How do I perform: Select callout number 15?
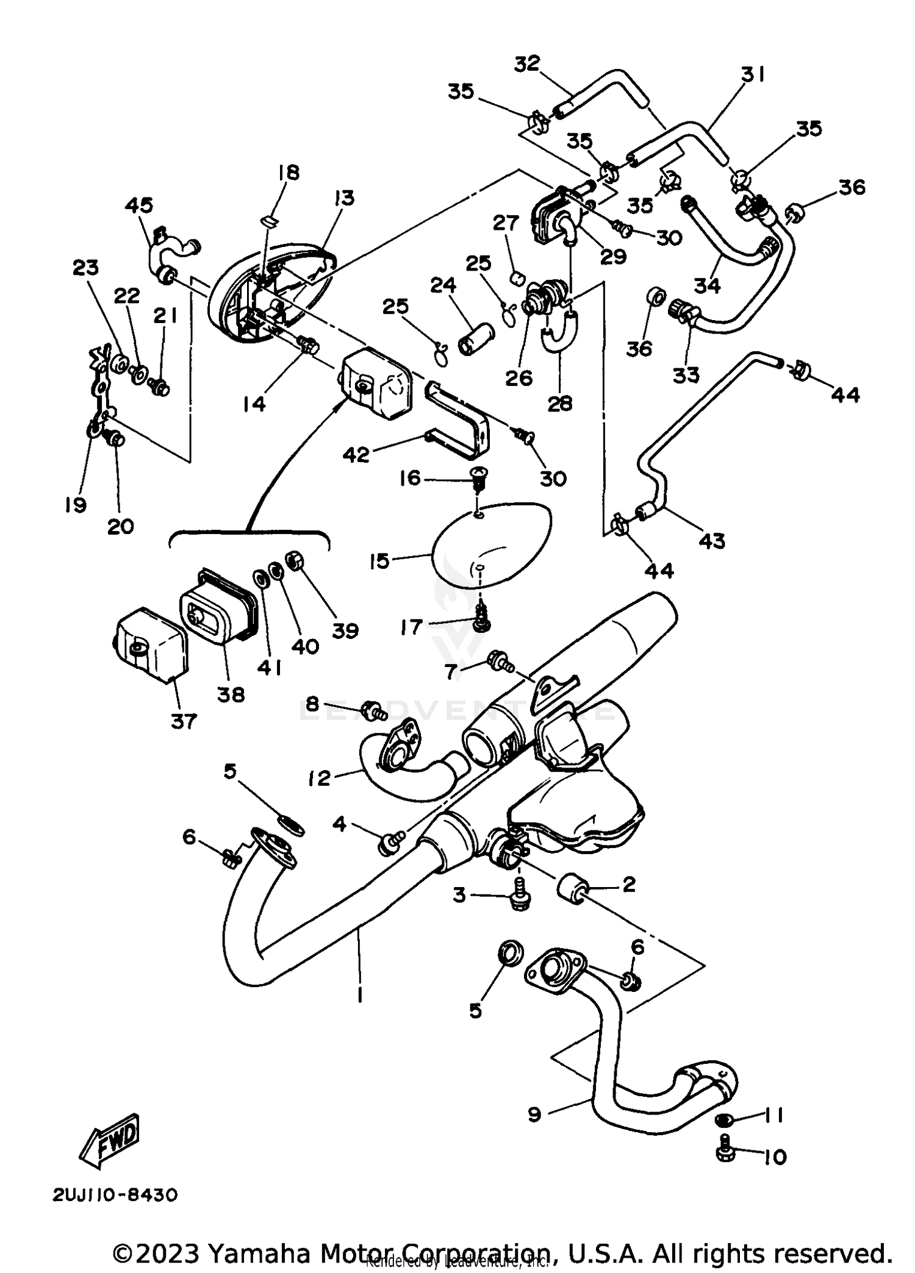click(379, 561)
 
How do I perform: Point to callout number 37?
click(184, 722)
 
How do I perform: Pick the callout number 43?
click(712, 540)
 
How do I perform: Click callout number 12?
click(320, 778)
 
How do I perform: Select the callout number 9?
click(534, 1115)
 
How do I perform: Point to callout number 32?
click(527, 63)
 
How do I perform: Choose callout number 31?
click(753, 74)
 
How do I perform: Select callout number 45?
click(139, 205)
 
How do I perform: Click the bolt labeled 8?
click(371, 709)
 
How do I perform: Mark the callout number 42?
click(356, 454)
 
